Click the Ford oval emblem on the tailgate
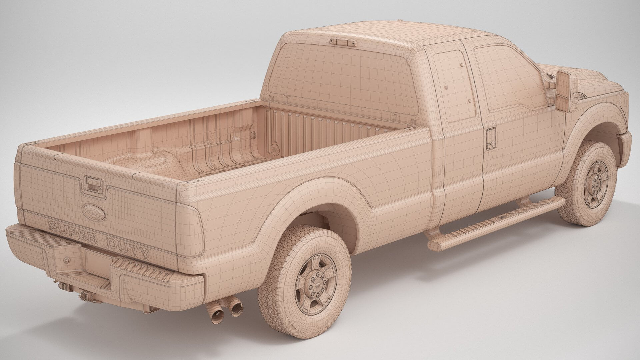93,212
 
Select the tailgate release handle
91,184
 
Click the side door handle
491,138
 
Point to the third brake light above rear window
343,42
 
